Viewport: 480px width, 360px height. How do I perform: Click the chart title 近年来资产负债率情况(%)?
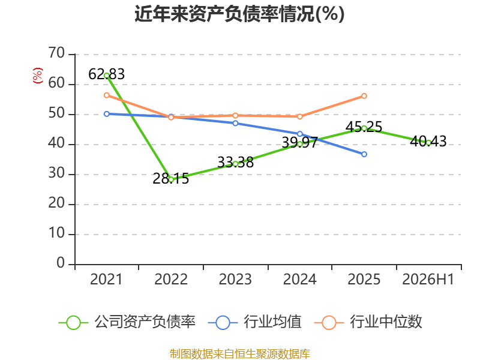(239, 14)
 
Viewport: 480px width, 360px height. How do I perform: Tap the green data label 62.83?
(107, 74)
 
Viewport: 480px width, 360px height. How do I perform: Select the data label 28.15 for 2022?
(171, 179)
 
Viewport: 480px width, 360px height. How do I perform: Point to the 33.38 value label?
(235, 162)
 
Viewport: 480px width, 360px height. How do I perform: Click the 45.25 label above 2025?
(364, 127)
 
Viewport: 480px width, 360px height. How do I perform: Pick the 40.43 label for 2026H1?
(428, 142)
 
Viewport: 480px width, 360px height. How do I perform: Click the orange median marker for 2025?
(364, 96)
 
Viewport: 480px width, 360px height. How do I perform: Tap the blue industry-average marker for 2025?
(364, 154)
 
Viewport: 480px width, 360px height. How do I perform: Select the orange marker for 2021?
(107, 95)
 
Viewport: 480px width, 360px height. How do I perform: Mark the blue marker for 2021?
(107, 114)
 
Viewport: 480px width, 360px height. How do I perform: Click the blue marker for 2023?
(235, 124)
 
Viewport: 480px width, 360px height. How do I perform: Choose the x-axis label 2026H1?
(428, 279)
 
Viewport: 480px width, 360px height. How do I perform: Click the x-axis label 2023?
(235, 279)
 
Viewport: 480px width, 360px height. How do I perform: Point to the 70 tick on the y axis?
(56, 53)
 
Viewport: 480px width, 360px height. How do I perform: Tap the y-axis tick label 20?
(56, 203)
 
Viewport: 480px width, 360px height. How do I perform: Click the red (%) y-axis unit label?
(38, 76)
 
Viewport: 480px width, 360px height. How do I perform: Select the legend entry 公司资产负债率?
(127, 322)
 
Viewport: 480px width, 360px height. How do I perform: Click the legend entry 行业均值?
(254, 322)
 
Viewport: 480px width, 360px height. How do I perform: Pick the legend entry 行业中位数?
(368, 322)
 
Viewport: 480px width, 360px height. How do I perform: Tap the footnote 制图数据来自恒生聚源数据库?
(240, 354)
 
